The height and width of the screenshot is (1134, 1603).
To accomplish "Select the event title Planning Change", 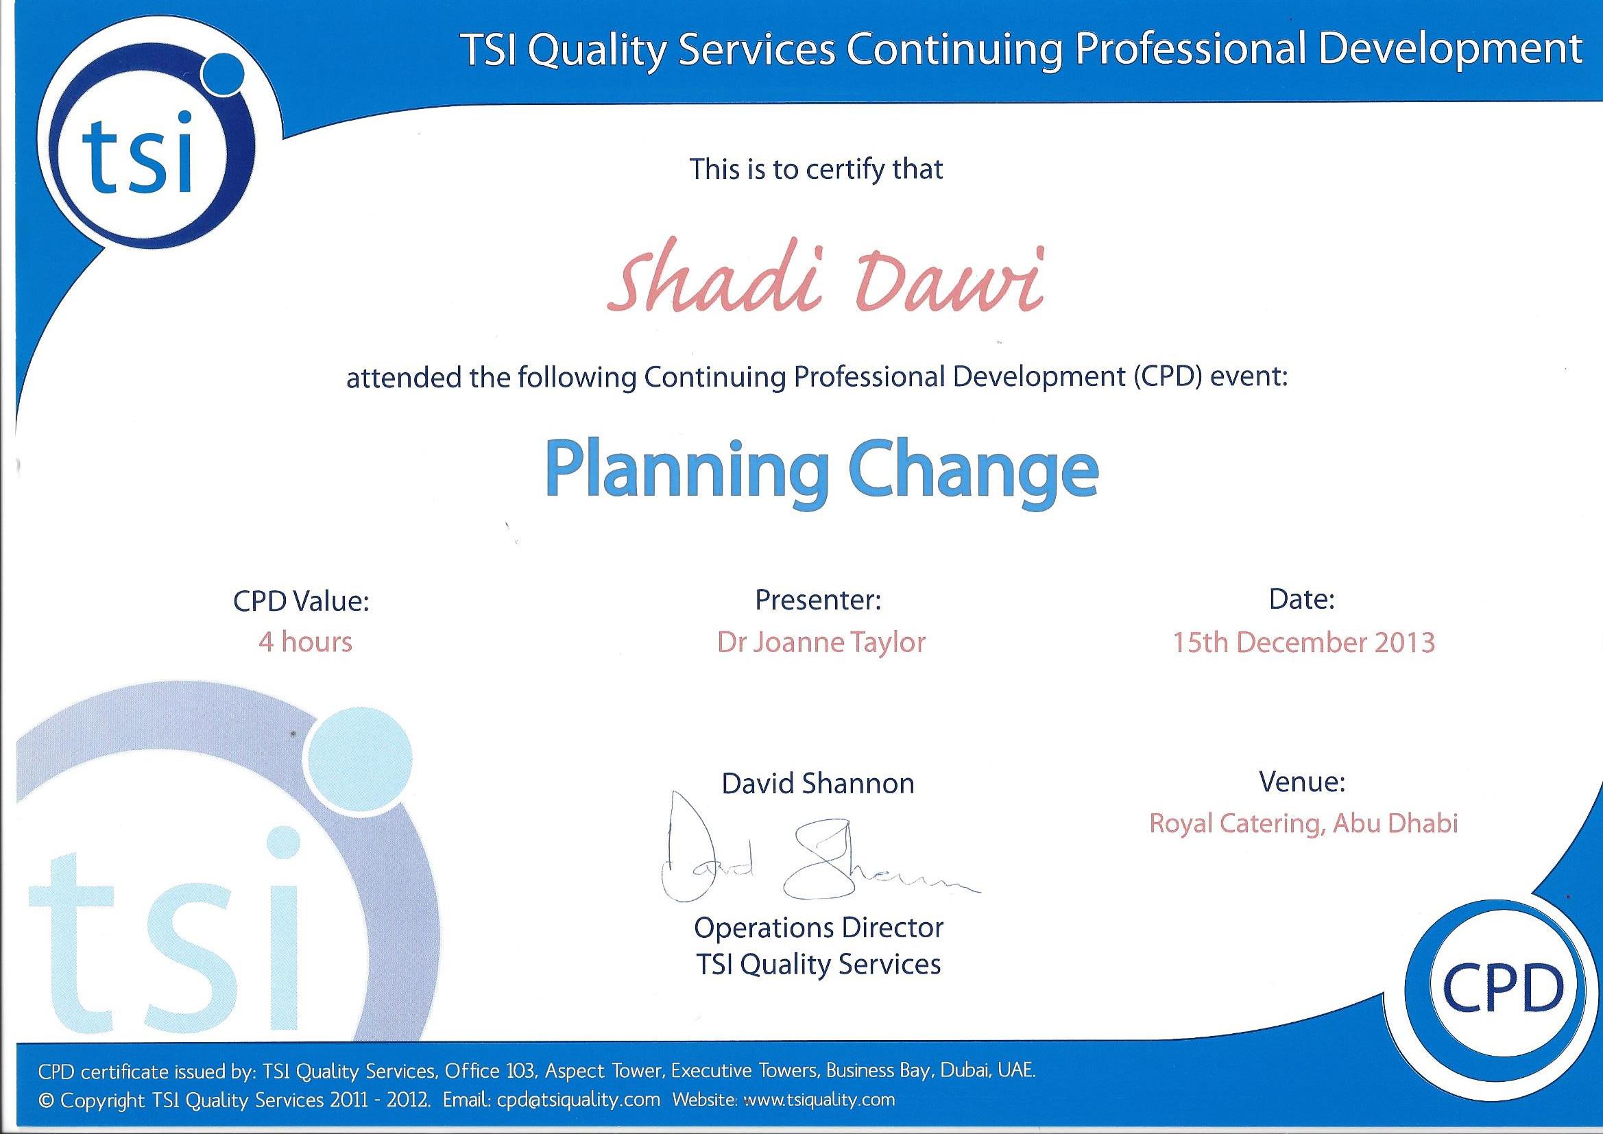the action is (822, 468).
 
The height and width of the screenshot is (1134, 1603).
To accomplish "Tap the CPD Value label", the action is (301, 601).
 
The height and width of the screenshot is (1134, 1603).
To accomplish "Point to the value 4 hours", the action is (305, 642).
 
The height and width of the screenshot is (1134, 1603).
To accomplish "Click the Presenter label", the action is (818, 599).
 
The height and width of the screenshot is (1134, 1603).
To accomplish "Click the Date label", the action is (1302, 599).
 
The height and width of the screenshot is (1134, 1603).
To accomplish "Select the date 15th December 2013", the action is (1303, 642).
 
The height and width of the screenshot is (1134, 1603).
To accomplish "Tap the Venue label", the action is (1302, 782).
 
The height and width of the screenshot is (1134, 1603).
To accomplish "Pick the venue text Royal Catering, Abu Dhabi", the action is (1303, 823).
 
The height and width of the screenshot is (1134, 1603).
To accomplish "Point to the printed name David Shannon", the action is (818, 784).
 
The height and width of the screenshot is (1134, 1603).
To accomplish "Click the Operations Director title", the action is (818, 928).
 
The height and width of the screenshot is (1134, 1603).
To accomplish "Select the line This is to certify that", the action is (816, 169).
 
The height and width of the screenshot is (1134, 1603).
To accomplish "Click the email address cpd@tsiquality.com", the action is (578, 1100).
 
